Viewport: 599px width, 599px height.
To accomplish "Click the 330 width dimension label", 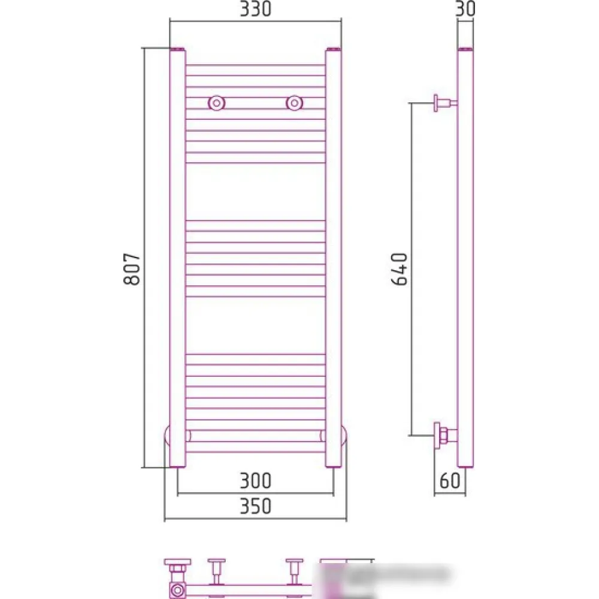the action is (x=255, y=9).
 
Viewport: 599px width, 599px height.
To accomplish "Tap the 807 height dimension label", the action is (x=132, y=268).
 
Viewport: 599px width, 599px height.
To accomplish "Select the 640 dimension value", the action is (x=400, y=269).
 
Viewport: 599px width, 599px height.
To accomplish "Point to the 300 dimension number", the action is (x=255, y=480).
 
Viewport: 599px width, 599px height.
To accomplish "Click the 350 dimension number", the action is (x=255, y=506).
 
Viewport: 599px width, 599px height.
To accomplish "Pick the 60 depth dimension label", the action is (x=450, y=480).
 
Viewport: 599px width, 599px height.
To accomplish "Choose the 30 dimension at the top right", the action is (x=465, y=9).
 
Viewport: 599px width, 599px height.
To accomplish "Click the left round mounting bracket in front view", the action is (x=217, y=103).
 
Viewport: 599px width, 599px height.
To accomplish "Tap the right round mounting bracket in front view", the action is (x=294, y=103).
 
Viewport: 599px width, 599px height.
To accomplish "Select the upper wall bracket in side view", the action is (x=445, y=103).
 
